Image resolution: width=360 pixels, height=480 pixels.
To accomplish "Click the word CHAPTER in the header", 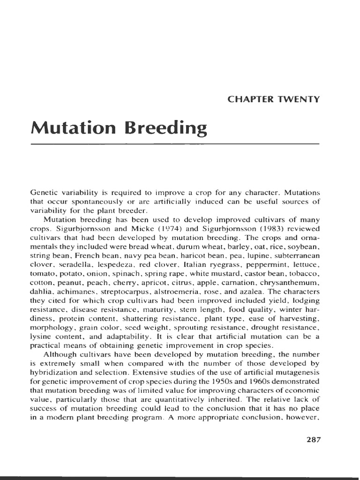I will coord(249,99).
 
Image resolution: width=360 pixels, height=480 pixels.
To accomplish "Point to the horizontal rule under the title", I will coord(174,144).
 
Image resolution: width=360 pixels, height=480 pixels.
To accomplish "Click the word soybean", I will coord(304,246).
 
